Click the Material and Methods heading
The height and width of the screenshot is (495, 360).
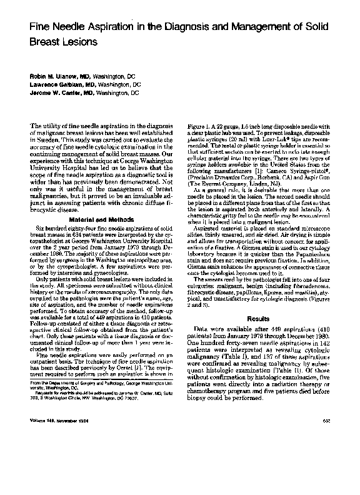[99, 220]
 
